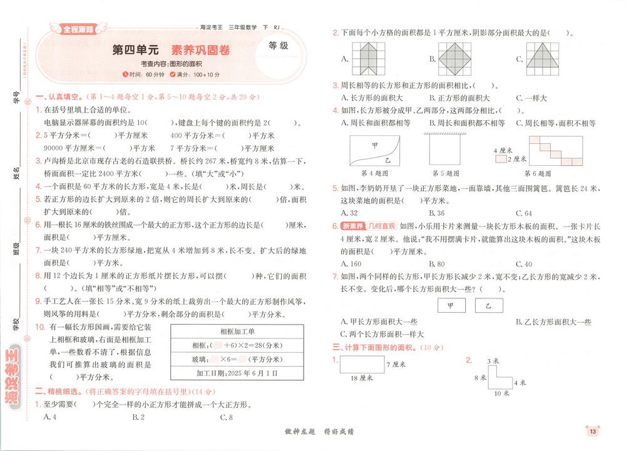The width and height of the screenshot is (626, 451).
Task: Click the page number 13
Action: click(x=592, y=430)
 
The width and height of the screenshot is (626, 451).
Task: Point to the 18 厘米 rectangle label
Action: click(x=362, y=377)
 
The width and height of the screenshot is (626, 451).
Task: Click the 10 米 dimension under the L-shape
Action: click(x=501, y=393)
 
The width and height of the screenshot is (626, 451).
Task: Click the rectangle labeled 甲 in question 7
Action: click(x=450, y=305)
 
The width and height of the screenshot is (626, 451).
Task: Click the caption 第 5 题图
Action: click(x=446, y=173)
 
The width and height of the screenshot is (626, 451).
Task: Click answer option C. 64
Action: click(x=524, y=213)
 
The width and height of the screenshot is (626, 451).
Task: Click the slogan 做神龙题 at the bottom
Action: click(x=287, y=432)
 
